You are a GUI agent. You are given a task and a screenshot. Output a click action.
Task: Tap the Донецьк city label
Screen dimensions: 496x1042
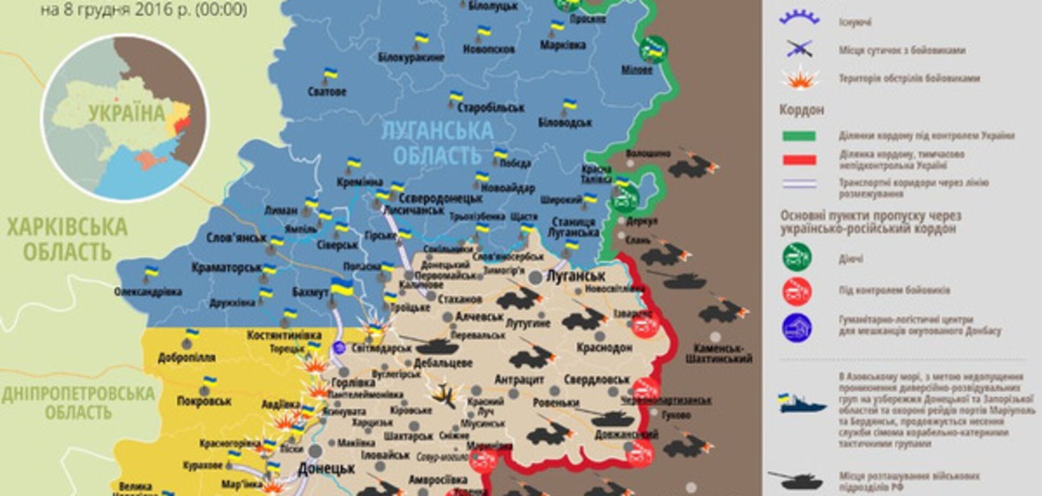click(x=326, y=468)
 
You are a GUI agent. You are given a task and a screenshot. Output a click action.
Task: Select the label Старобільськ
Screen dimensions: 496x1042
click(x=490, y=108)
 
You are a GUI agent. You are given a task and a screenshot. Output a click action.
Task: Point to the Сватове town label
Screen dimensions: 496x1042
click(x=327, y=91)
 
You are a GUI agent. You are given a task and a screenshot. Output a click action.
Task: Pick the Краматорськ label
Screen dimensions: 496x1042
click(x=226, y=267)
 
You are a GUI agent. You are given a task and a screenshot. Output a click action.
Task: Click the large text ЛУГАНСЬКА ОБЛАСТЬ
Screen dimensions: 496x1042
click(x=437, y=143)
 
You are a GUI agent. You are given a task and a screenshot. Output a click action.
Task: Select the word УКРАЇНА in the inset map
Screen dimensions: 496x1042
click(x=127, y=114)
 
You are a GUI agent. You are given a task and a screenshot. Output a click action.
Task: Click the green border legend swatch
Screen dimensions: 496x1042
click(x=799, y=136)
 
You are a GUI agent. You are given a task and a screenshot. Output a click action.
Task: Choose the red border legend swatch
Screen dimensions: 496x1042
click(x=799, y=159)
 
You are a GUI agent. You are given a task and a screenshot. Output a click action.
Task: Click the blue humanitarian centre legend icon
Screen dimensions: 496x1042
click(x=797, y=327)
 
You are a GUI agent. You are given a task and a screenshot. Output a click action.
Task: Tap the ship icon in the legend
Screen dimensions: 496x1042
click(x=801, y=404)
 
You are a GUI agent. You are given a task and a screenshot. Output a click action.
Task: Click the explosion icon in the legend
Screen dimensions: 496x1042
click(x=799, y=79)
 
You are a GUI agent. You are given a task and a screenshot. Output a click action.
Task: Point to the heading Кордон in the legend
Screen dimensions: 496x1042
click(x=801, y=110)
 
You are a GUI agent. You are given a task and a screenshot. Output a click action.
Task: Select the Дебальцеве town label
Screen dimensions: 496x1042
click(x=443, y=363)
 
